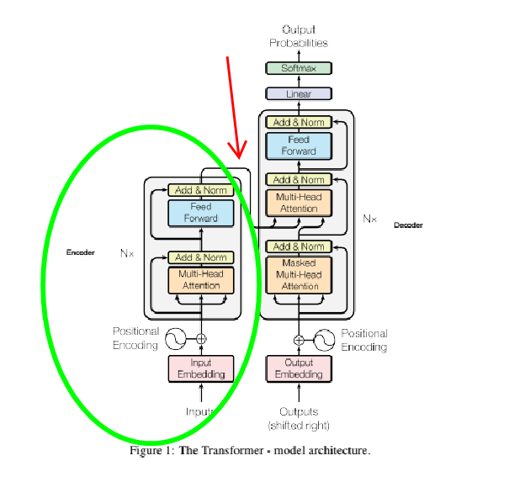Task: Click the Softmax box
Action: tap(299, 67)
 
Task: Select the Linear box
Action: tap(299, 94)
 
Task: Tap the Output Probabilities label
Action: tap(299, 36)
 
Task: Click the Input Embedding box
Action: tap(200, 368)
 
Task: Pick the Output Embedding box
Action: tap(299, 368)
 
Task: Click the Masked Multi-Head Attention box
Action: tap(299, 274)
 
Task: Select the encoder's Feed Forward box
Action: tap(200, 213)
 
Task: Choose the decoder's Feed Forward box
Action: tap(299, 146)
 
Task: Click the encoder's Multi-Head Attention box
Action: tap(200, 280)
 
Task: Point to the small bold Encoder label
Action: tap(81, 252)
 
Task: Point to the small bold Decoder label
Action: tap(408, 225)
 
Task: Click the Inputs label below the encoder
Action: tap(201, 411)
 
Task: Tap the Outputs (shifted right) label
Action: tap(299, 417)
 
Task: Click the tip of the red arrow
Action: tap(239, 157)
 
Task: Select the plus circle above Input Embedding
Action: tap(201, 338)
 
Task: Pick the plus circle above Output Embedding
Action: tap(299, 340)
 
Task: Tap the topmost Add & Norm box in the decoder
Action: tap(299, 122)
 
